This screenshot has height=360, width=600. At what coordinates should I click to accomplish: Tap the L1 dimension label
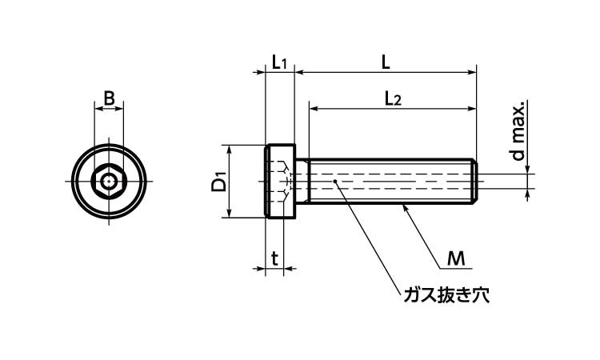click(x=279, y=62)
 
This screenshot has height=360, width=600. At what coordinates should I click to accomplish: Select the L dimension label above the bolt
click(x=385, y=61)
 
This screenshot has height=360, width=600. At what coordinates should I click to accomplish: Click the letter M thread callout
click(x=456, y=258)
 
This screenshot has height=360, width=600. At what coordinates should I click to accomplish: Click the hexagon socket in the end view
click(x=110, y=182)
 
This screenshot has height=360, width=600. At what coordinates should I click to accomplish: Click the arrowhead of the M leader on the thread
click(x=405, y=206)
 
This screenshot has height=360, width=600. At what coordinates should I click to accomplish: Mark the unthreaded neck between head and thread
click(x=302, y=182)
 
